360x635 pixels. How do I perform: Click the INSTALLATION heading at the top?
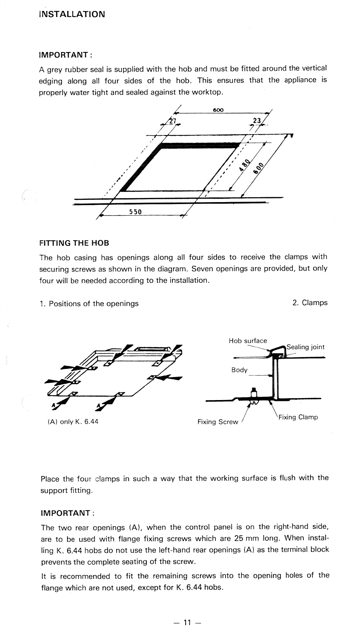pos(72,14)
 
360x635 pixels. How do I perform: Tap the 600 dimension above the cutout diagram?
pos(218,110)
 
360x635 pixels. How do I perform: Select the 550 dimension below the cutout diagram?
pos(135,212)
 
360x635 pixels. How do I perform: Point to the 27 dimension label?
pos(172,121)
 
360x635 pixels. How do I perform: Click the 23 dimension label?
pos(257,121)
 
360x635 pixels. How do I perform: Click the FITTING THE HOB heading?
pos(74,243)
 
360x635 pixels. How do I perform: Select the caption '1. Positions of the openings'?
pos(89,304)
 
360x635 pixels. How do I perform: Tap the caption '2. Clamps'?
pos(310,303)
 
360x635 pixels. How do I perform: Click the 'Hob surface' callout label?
pos(248,341)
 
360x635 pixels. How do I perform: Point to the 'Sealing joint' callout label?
pos(305,347)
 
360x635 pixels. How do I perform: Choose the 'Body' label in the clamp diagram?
pos(239,370)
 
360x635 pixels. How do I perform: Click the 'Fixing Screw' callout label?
pos(218,422)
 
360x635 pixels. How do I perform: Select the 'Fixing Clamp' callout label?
pos(298,417)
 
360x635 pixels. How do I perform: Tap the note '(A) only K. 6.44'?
pos(73,422)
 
